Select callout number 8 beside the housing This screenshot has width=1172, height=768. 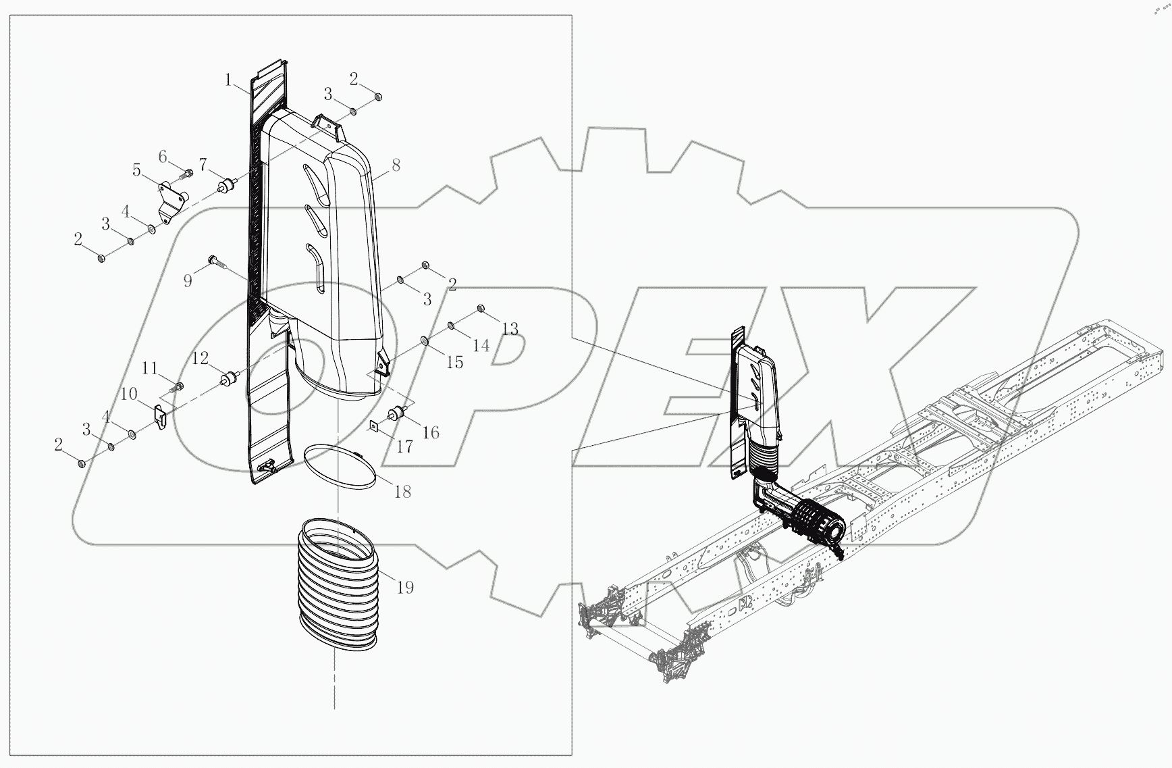(396, 165)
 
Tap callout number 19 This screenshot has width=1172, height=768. (404, 587)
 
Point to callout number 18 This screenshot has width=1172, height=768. (402, 491)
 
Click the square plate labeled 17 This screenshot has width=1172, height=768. (373, 426)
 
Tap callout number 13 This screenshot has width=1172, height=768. (510, 329)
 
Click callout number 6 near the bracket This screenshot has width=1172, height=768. (163, 157)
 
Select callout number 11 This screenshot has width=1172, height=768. (149, 368)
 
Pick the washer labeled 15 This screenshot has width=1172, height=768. (424, 341)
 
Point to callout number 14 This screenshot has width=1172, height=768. (481, 345)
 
